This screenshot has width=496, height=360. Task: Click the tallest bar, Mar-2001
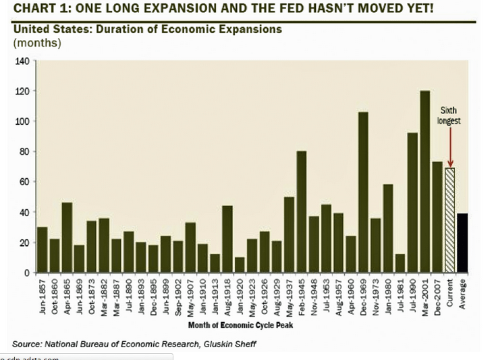[x=424, y=182]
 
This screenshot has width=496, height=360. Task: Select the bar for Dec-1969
[x=362, y=192]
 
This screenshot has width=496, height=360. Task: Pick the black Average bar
[x=462, y=242]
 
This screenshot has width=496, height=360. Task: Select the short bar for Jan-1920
[x=240, y=265]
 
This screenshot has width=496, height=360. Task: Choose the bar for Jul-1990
[x=412, y=203]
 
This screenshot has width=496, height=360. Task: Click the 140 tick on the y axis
[x=22, y=61]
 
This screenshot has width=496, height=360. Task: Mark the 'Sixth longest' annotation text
[x=449, y=115]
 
